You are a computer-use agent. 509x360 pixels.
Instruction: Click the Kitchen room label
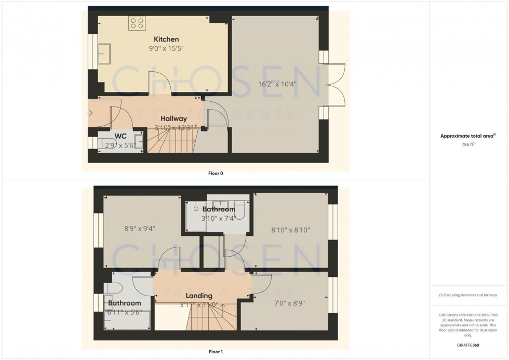(x=166, y=39)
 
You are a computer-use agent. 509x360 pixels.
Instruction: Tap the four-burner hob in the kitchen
(x=138, y=22)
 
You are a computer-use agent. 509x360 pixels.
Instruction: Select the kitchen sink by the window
(x=106, y=52)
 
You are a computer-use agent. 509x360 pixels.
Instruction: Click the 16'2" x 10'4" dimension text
(x=278, y=83)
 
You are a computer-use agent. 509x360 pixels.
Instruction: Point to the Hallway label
(x=173, y=118)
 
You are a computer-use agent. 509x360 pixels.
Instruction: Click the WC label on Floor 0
(x=120, y=136)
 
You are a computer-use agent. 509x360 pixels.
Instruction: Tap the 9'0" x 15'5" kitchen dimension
(x=167, y=49)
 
